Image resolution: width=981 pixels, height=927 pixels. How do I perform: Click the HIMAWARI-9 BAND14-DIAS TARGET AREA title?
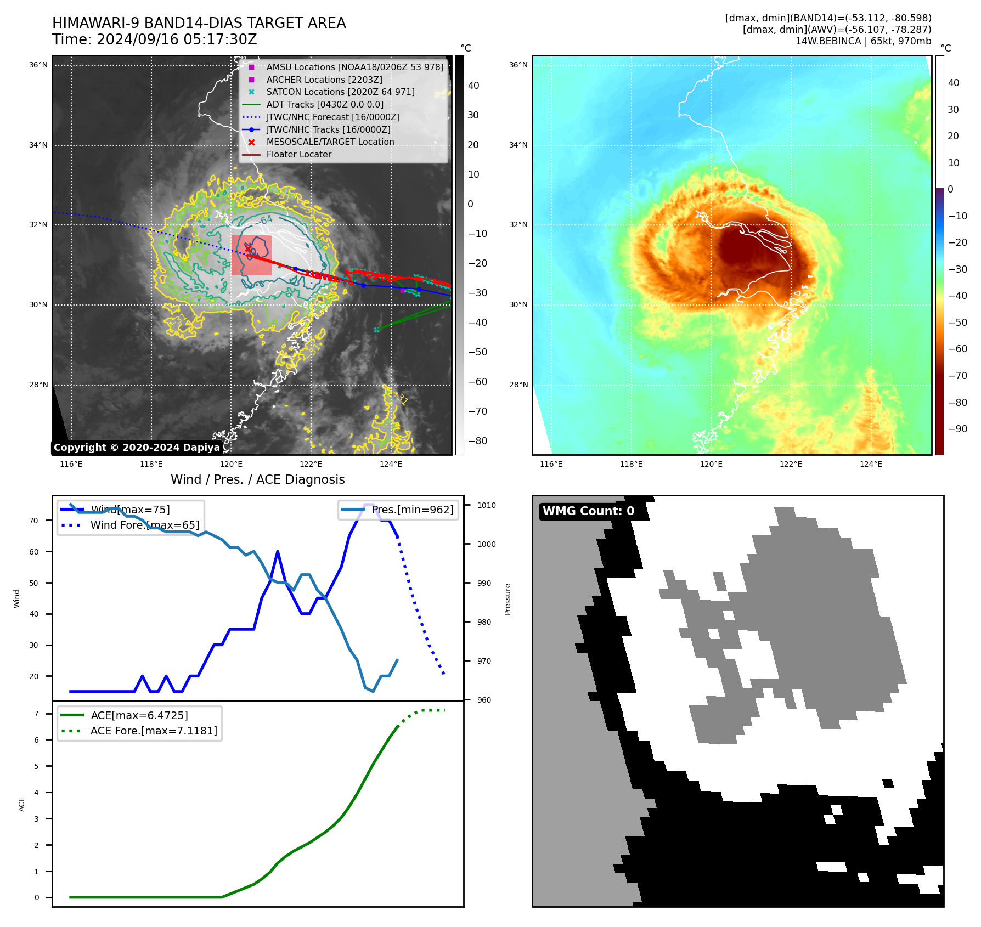[199, 23]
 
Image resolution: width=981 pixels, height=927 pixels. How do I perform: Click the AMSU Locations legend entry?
[354, 67]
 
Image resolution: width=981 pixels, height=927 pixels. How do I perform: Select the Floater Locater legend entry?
[298, 154]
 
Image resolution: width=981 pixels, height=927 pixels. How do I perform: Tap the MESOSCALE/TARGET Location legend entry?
[330, 142]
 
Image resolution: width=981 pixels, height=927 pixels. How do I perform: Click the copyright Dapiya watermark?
[137, 448]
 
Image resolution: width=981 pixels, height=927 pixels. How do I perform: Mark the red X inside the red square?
[248, 249]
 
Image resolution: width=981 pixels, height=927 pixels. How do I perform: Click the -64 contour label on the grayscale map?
[266, 220]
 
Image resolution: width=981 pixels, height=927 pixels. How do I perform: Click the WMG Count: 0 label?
[588, 511]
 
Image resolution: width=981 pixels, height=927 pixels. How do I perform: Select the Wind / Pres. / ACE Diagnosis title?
[257, 479]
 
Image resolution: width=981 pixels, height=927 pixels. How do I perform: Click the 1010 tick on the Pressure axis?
[486, 505]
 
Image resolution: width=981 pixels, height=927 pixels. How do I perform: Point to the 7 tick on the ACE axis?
[37, 714]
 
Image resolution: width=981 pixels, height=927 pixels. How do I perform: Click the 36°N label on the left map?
[38, 65]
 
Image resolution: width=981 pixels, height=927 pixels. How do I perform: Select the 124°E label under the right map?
[871, 464]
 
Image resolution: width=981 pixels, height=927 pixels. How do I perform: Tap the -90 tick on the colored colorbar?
[957, 429]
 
